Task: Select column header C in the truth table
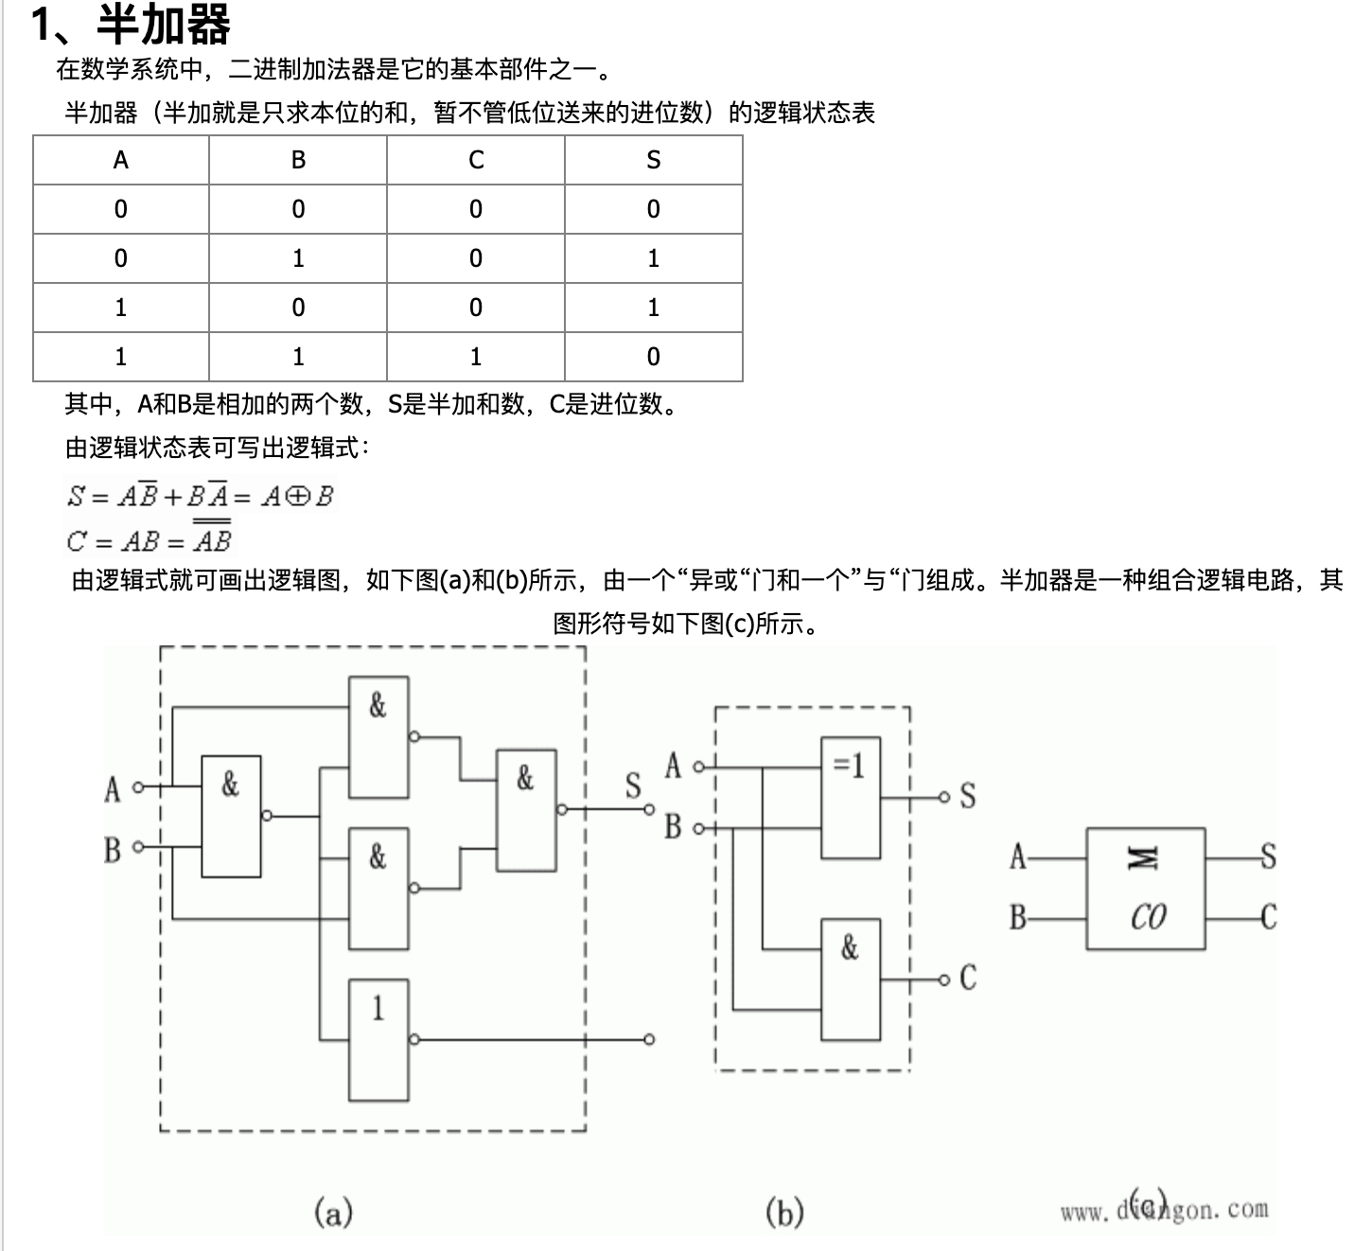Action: coord(476,160)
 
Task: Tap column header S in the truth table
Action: coord(653,160)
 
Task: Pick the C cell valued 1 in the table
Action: coord(476,357)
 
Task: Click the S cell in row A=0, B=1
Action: coord(653,258)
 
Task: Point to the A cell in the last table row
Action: coord(120,357)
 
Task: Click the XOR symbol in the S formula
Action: coord(297,497)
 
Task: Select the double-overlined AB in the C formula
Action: coord(212,539)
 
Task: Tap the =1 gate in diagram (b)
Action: coord(850,797)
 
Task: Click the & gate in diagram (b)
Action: coord(850,978)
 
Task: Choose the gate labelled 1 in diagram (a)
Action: coord(378,1039)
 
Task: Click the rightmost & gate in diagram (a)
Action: coord(526,809)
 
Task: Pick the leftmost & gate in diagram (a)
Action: coord(231,816)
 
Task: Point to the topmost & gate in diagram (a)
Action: coord(378,736)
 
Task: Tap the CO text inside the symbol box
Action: coord(1148,917)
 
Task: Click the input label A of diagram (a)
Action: coord(113,788)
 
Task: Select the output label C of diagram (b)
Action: coord(968,978)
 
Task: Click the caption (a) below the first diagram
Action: coord(333,1211)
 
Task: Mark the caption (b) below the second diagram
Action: coord(784,1211)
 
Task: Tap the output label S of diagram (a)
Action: coord(633,785)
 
